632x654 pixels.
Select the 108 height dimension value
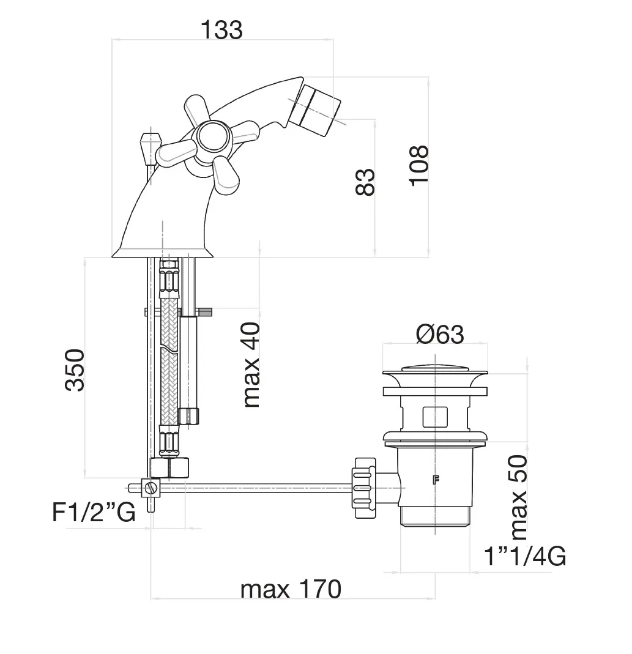[x=418, y=166]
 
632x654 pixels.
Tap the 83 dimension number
[x=365, y=182]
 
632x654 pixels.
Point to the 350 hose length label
[x=75, y=370]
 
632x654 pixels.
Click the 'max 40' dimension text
[x=251, y=365]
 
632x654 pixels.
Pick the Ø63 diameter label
[x=439, y=335]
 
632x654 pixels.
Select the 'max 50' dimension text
[x=518, y=497]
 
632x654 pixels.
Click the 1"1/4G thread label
[x=524, y=557]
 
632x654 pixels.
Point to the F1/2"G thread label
[x=93, y=513]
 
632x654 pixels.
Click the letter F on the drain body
[x=436, y=480]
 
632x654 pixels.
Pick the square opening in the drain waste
[x=435, y=417]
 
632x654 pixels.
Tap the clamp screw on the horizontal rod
[x=151, y=488]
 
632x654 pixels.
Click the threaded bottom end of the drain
[x=435, y=516]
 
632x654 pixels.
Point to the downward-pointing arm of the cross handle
[x=226, y=174]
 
